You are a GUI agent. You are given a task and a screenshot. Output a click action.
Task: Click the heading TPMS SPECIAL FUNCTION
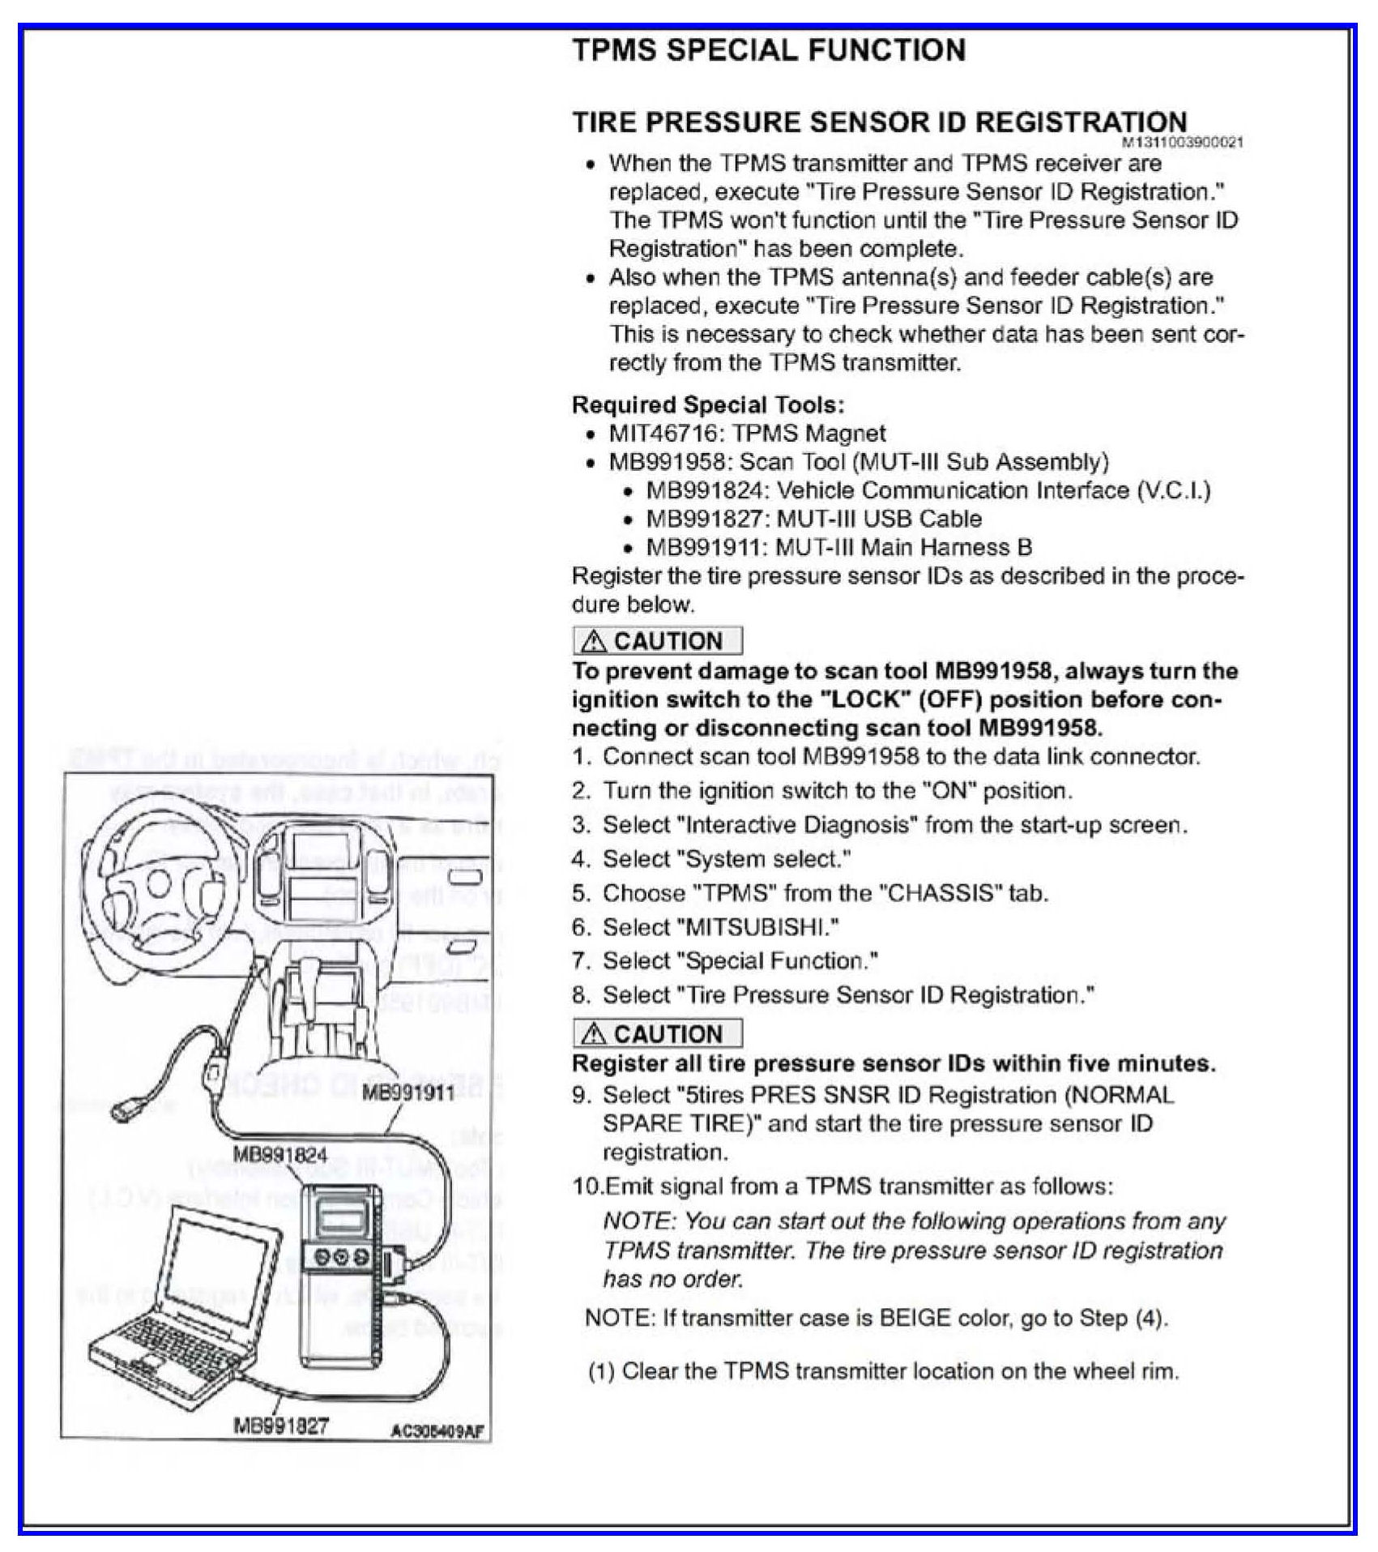tap(769, 50)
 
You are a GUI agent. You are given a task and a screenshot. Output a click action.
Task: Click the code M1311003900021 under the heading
tap(1182, 143)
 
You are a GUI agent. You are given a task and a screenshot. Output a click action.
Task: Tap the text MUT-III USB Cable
tap(879, 519)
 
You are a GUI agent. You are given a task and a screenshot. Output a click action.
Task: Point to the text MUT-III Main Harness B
tap(903, 548)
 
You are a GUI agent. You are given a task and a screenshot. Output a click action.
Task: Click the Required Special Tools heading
tap(707, 404)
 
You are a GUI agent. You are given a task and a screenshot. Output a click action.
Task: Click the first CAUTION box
tap(657, 641)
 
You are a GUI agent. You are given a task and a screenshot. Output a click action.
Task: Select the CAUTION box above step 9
tap(657, 1034)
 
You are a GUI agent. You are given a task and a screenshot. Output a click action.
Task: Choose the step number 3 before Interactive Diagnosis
tap(579, 825)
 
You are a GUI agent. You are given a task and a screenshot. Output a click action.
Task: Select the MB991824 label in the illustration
tap(279, 1155)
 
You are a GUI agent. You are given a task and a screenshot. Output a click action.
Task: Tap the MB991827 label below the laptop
tap(280, 1426)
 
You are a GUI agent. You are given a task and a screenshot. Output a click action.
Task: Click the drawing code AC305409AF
tap(437, 1431)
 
